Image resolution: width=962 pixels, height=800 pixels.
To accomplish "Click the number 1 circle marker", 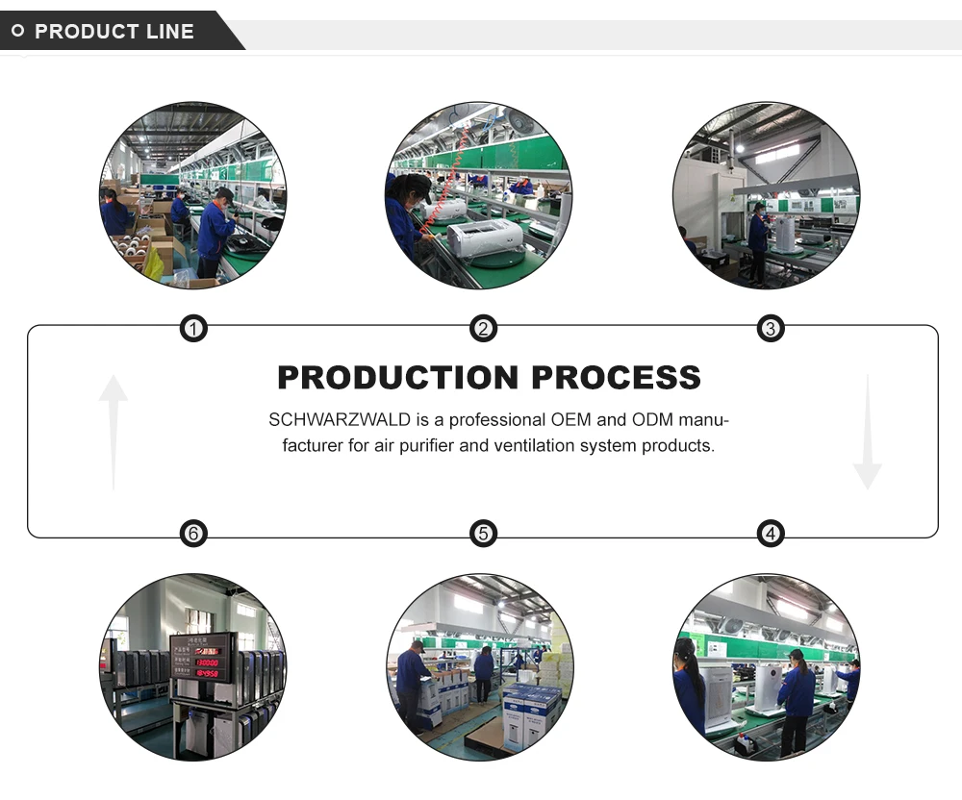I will click(193, 330).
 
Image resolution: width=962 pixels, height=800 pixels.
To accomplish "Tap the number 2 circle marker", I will click(483, 330).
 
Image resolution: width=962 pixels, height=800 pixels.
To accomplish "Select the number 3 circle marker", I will click(770, 330).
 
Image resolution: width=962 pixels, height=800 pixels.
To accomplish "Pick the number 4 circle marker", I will click(770, 533).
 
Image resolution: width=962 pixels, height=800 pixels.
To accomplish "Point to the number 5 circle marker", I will click(483, 533).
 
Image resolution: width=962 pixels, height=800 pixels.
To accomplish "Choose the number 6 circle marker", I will click(193, 533).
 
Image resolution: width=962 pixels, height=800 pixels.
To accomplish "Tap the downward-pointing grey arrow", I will click(867, 433).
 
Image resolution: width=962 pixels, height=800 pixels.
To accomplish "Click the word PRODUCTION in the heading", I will click(397, 378).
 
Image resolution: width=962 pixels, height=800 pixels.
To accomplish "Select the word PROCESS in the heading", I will click(616, 378).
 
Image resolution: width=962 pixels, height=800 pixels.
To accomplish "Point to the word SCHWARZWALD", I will click(328, 420).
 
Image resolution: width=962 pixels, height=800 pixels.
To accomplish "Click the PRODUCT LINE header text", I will click(114, 32).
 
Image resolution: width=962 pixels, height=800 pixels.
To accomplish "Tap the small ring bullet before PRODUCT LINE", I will click(17, 32).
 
